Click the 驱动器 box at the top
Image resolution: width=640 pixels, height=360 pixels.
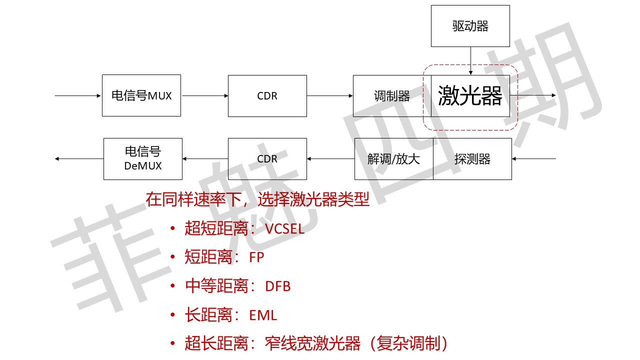coord(470,26)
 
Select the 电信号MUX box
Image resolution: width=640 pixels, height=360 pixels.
coord(141,95)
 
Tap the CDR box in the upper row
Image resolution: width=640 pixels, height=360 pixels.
coord(267,96)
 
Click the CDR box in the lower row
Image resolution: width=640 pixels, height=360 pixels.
coord(267,159)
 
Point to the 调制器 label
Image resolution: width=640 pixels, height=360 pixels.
coord(392,96)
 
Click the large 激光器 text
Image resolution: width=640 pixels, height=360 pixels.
coord(470,96)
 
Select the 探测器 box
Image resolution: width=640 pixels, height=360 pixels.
coord(472,159)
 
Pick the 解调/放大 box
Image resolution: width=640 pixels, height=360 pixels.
coord(393,159)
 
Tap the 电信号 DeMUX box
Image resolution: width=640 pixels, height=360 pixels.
coord(143,159)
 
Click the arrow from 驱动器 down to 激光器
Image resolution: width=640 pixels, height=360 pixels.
coord(470,60)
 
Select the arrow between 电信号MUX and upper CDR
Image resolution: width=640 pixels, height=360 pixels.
coord(204,95)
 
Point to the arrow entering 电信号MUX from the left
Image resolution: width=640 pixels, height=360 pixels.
coord(78,95)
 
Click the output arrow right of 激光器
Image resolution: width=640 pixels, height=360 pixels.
coord(533,95)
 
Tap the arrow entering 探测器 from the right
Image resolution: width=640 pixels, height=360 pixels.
coord(533,159)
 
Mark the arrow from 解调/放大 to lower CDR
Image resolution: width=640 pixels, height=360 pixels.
coord(330,159)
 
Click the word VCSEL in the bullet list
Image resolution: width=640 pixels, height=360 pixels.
coord(284,229)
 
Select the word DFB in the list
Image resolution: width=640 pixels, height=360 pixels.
coord(278,286)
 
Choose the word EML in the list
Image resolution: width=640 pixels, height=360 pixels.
coord(263,315)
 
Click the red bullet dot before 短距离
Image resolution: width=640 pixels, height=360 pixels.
coord(173,258)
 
